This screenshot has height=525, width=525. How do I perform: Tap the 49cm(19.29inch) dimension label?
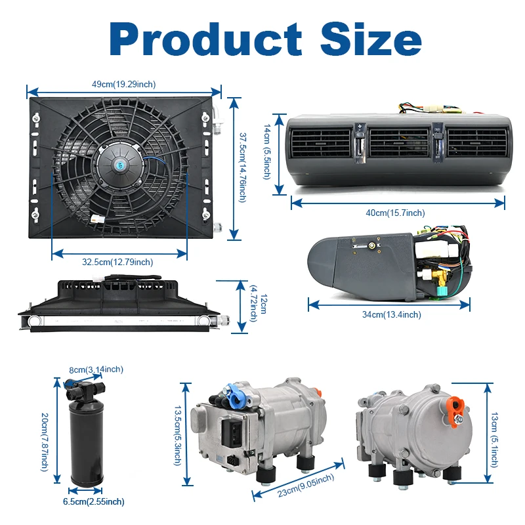coord(123,84)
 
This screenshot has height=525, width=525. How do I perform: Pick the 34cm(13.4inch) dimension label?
coord(391,314)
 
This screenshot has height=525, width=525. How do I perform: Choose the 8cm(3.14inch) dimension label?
coord(96,370)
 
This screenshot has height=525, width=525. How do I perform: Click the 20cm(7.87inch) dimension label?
coord(44,441)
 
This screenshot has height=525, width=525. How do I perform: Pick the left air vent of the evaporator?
coord(322,142)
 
